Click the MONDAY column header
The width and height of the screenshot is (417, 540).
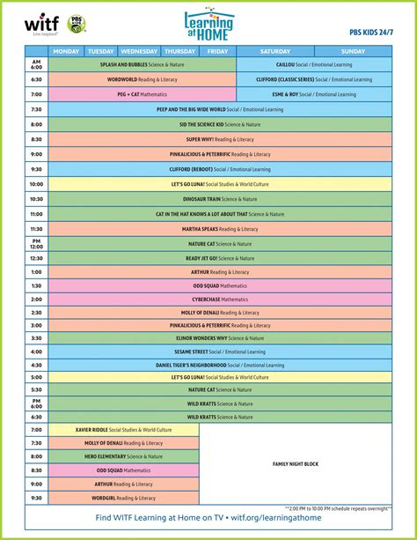pos(66,51)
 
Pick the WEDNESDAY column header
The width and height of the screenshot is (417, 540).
pos(139,51)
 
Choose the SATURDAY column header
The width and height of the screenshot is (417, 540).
pos(275,51)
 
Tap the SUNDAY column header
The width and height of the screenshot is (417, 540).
pos(353,51)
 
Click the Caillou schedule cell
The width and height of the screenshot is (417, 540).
pos(314,64)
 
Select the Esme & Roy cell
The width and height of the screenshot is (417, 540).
pos(314,94)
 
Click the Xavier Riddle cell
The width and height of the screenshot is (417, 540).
pos(123,430)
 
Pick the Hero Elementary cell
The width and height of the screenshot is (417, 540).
pos(123,456)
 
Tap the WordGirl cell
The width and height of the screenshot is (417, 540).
pos(123,497)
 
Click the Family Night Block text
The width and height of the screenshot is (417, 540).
pos(296,463)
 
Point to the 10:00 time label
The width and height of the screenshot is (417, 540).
pos(36,184)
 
